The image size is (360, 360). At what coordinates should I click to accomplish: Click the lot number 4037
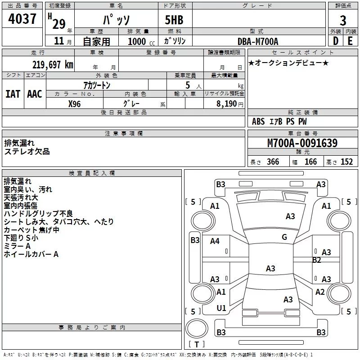[x=23, y=19]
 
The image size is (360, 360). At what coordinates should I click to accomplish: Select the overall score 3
[x=343, y=21]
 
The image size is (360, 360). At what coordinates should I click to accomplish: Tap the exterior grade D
[x=335, y=41]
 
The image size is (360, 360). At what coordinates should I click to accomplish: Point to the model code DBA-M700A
[x=258, y=41]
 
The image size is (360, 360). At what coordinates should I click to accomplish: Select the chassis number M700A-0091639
[x=302, y=144]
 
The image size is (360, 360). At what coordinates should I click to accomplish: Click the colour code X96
[x=75, y=103]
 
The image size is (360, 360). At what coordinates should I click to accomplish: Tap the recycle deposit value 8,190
[x=229, y=103]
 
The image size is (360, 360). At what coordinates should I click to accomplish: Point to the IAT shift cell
[x=13, y=94]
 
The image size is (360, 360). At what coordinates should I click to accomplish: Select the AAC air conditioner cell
[x=35, y=94]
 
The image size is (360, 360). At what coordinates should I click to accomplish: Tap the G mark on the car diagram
[x=284, y=237]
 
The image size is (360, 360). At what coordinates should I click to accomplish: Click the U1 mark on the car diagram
[x=221, y=308]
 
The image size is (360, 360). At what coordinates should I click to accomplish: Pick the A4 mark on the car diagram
[x=215, y=241]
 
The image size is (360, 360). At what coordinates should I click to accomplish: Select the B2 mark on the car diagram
[x=317, y=260]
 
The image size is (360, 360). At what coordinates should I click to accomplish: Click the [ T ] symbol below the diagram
[x=197, y=345]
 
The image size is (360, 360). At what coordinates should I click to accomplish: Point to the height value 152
[x=346, y=162]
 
